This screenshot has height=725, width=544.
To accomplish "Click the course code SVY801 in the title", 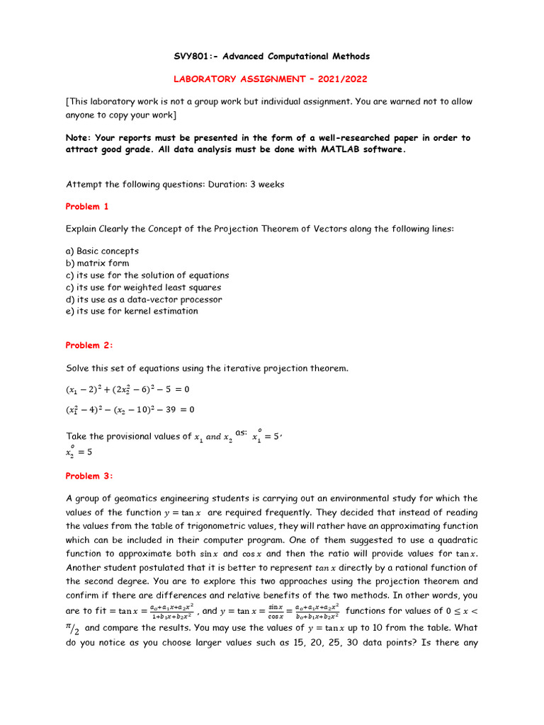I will pyautogui.click(x=193, y=56).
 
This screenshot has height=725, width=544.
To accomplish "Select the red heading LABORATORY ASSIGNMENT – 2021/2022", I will pyautogui.click(x=272, y=80).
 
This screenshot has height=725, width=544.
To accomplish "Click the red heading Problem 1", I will pyautogui.click(x=88, y=207).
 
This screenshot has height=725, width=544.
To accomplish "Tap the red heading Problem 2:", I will pyautogui.click(x=89, y=346).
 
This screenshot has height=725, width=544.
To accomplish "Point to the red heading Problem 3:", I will pyautogui.click(x=89, y=476).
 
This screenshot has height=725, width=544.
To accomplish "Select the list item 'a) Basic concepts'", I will pyautogui.click(x=102, y=251).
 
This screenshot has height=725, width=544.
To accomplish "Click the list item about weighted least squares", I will pyautogui.click(x=143, y=287).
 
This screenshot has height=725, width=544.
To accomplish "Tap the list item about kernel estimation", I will pyautogui.click(x=132, y=311).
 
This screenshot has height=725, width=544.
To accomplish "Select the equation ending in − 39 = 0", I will pyautogui.click(x=130, y=409).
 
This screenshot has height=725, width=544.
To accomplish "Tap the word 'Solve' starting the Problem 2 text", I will pyautogui.click(x=79, y=368).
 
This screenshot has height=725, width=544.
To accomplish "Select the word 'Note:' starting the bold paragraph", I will pyautogui.click(x=81, y=138).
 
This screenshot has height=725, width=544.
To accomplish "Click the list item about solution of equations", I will pyautogui.click(x=147, y=275).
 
